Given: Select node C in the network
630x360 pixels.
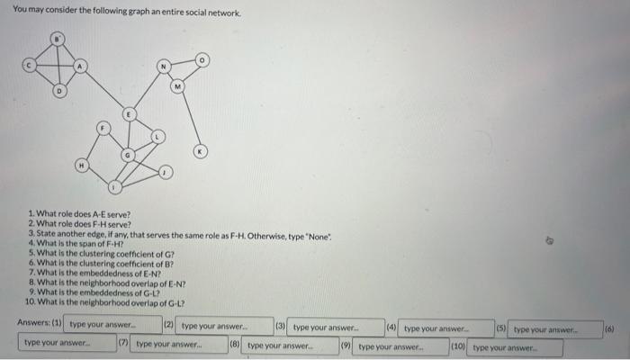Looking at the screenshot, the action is click(29, 66).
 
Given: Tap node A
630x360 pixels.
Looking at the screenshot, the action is click(79, 66).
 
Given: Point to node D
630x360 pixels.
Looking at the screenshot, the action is click(58, 91).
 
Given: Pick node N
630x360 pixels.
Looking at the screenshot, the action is click(163, 67).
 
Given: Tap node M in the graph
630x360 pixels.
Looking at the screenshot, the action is click(178, 86).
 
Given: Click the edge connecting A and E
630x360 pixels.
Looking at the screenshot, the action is click(105, 91).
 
